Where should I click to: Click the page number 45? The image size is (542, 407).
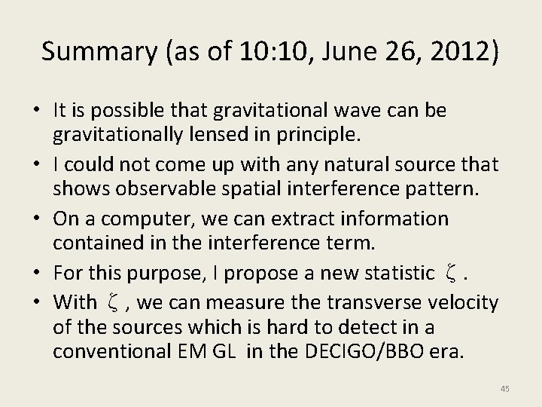(504, 388)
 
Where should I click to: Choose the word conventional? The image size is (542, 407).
(114, 352)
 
